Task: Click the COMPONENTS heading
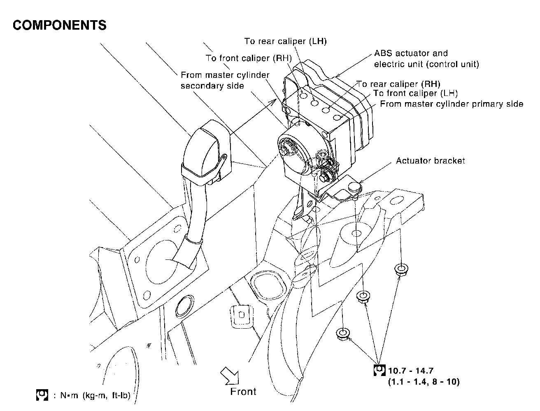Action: click(59, 26)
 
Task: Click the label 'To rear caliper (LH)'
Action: click(285, 41)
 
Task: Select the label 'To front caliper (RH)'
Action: click(249, 58)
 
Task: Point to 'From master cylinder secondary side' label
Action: click(225, 80)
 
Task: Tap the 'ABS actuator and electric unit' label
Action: click(426, 59)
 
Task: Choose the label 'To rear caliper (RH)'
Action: click(398, 84)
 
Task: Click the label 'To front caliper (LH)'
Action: click(415, 93)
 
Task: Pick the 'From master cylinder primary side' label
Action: click(452, 104)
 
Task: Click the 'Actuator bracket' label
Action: click(430, 161)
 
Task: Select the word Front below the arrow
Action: click(243, 391)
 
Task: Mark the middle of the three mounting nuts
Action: click(362, 297)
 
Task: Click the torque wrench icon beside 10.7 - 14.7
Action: click(379, 371)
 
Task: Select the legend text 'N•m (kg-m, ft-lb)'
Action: click(95, 396)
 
